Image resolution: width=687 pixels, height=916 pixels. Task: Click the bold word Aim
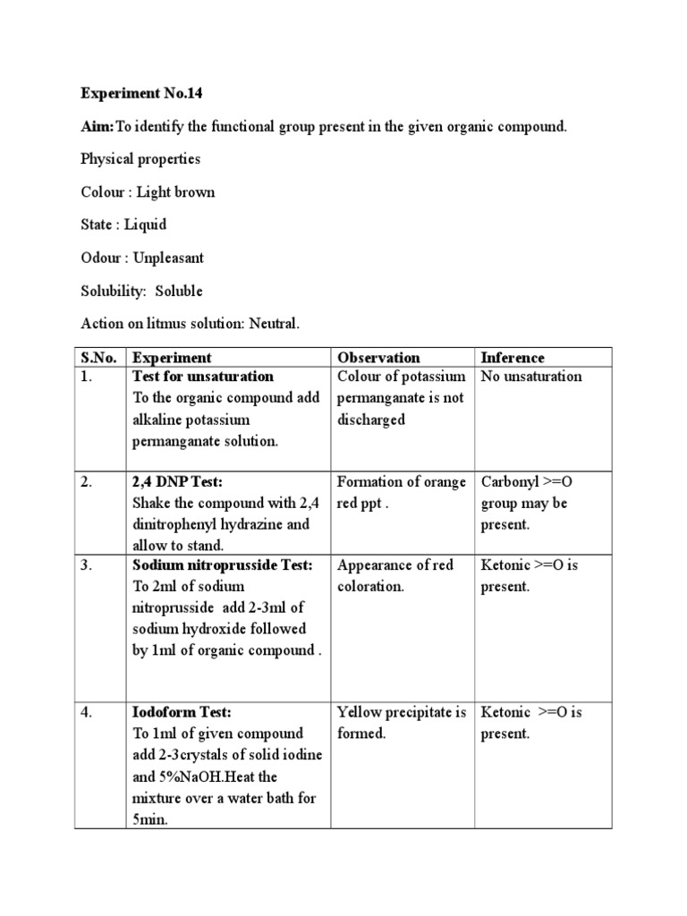(x=95, y=126)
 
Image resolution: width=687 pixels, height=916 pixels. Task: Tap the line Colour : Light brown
(x=148, y=192)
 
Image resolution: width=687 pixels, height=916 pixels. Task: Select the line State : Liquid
(x=123, y=225)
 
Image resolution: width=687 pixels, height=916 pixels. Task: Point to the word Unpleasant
(x=168, y=258)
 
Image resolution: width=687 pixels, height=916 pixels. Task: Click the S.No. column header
(x=98, y=358)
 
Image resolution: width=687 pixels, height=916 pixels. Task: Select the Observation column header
(x=378, y=358)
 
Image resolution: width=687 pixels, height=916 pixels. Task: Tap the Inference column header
(x=513, y=358)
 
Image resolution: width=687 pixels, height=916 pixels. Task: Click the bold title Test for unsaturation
(x=203, y=377)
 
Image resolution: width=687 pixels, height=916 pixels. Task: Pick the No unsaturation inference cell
(x=531, y=377)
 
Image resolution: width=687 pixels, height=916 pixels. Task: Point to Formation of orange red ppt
(x=402, y=492)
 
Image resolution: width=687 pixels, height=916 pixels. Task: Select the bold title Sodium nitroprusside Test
(x=223, y=565)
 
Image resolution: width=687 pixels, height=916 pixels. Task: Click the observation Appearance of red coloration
(x=395, y=575)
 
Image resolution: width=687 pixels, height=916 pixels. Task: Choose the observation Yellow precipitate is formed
(x=402, y=723)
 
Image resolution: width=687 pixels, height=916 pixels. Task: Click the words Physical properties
(x=140, y=159)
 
